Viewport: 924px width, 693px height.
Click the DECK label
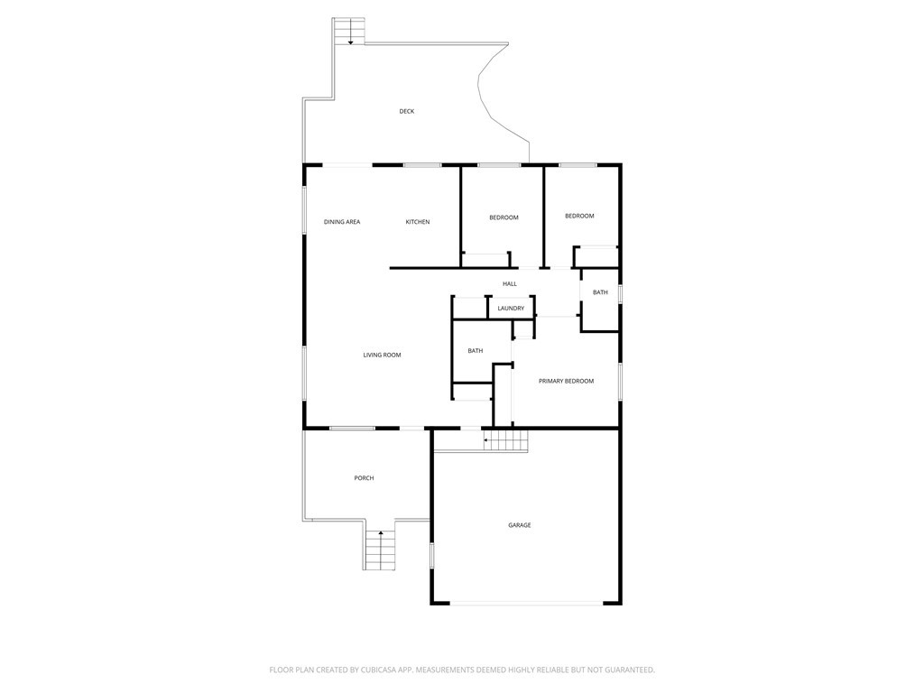point(407,111)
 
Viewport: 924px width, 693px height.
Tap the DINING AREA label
point(342,222)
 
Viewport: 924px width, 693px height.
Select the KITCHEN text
point(417,222)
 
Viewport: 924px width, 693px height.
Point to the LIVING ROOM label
point(382,356)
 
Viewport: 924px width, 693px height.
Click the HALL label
point(510,284)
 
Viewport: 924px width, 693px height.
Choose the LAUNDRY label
point(511,309)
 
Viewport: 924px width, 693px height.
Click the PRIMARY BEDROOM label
point(567,382)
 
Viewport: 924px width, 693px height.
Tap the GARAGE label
point(520,525)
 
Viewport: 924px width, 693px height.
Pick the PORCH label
point(365,478)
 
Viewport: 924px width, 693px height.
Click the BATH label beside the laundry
point(475,351)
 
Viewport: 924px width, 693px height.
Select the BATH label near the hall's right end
point(600,292)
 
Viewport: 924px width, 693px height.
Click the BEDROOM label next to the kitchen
point(504,218)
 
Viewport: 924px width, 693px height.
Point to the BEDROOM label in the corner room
point(579,217)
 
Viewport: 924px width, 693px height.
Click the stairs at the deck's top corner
point(350,32)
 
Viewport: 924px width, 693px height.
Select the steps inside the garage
point(505,440)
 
